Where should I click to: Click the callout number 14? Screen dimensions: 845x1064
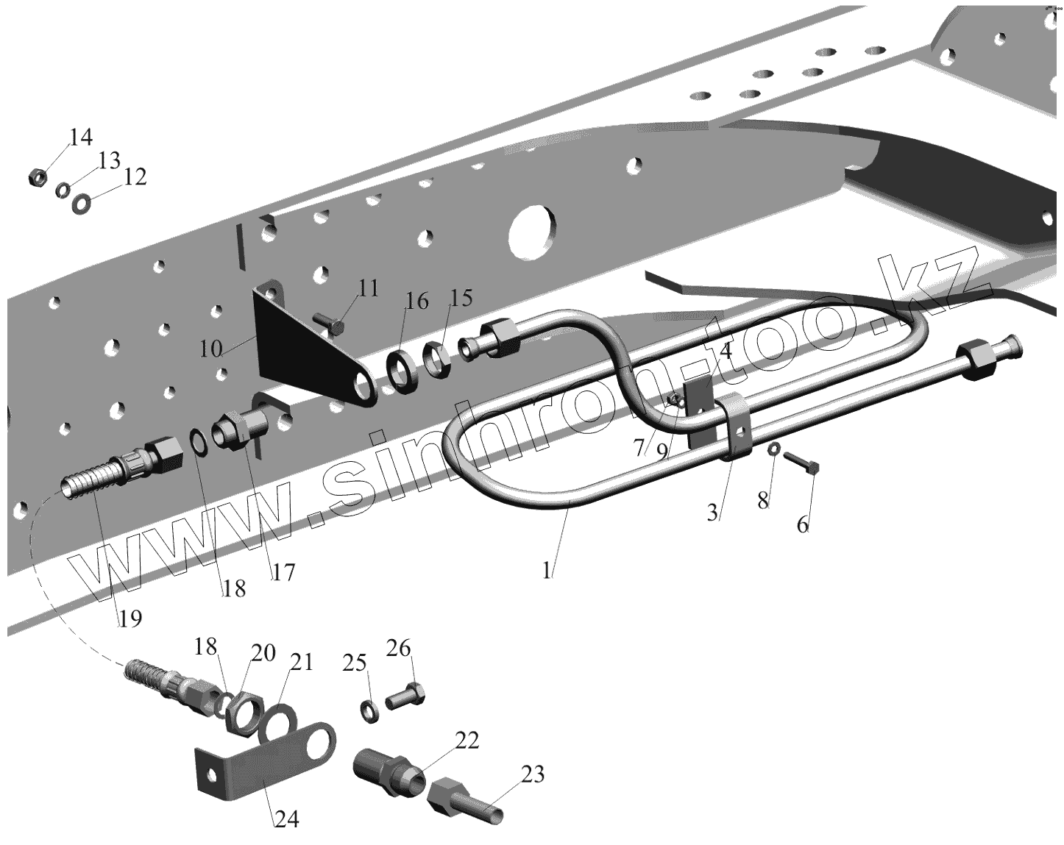81,137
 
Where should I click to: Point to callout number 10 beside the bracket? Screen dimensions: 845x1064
210,349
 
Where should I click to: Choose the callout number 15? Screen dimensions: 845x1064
461,298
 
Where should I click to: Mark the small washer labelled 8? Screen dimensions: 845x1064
774,449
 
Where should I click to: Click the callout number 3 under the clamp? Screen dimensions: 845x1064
712,513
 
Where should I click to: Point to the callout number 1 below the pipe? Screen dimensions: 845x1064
547,570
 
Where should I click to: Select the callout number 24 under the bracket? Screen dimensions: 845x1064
287,819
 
